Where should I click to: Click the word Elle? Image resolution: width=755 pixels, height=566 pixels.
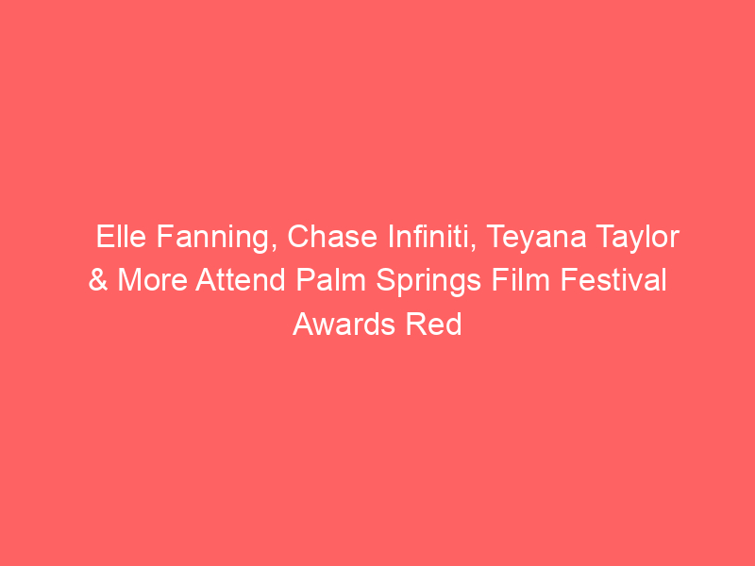[121, 237]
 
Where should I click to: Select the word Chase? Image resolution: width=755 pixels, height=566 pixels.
[332, 237]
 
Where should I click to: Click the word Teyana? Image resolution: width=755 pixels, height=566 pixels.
[536, 239]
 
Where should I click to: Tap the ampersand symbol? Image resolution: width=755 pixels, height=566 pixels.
[98, 280]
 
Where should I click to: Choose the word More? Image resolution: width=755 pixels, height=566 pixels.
[153, 280]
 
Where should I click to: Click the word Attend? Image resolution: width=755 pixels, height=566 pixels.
[241, 280]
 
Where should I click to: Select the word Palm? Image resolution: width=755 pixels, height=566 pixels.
[331, 280]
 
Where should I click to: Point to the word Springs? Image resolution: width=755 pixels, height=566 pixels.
[428, 282]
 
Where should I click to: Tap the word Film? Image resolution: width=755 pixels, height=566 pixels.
[521, 280]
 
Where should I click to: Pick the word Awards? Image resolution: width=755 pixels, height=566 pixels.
[344, 324]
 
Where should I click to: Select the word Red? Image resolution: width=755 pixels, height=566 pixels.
[433, 324]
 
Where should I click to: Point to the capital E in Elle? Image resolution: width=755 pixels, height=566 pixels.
[105, 237]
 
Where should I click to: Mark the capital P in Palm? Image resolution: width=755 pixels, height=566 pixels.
[305, 280]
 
